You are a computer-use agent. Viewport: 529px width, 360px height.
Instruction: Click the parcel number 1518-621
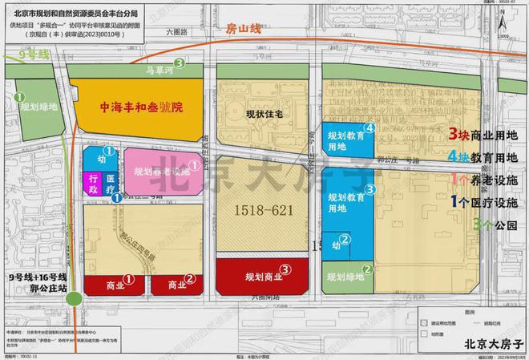(x=263, y=211)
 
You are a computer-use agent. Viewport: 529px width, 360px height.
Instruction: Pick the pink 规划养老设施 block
(x=156, y=171)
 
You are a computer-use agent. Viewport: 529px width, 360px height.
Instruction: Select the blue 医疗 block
(x=110, y=184)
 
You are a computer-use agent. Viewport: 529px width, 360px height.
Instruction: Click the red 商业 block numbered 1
(x=120, y=284)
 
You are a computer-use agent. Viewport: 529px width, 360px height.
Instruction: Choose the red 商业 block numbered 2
(x=176, y=284)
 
